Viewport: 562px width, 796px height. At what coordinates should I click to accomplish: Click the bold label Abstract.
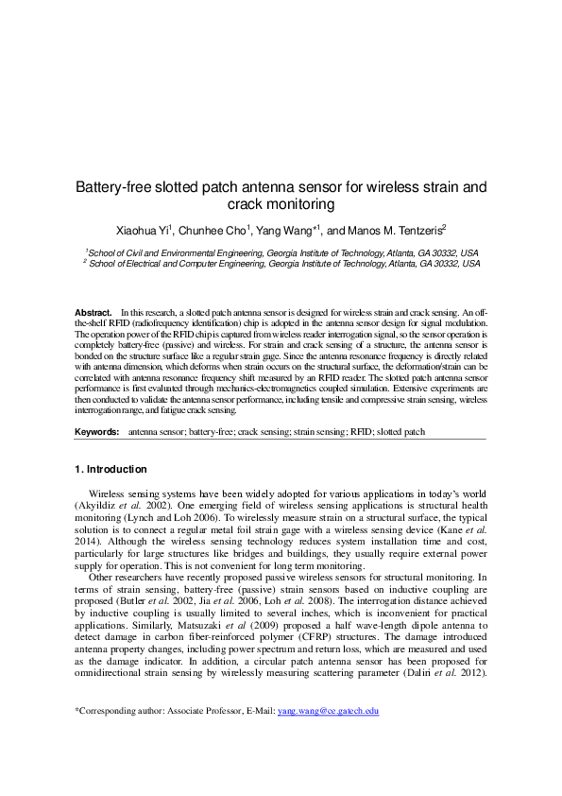coord(94,311)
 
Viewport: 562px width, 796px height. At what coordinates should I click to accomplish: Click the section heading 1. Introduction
coord(111,470)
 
